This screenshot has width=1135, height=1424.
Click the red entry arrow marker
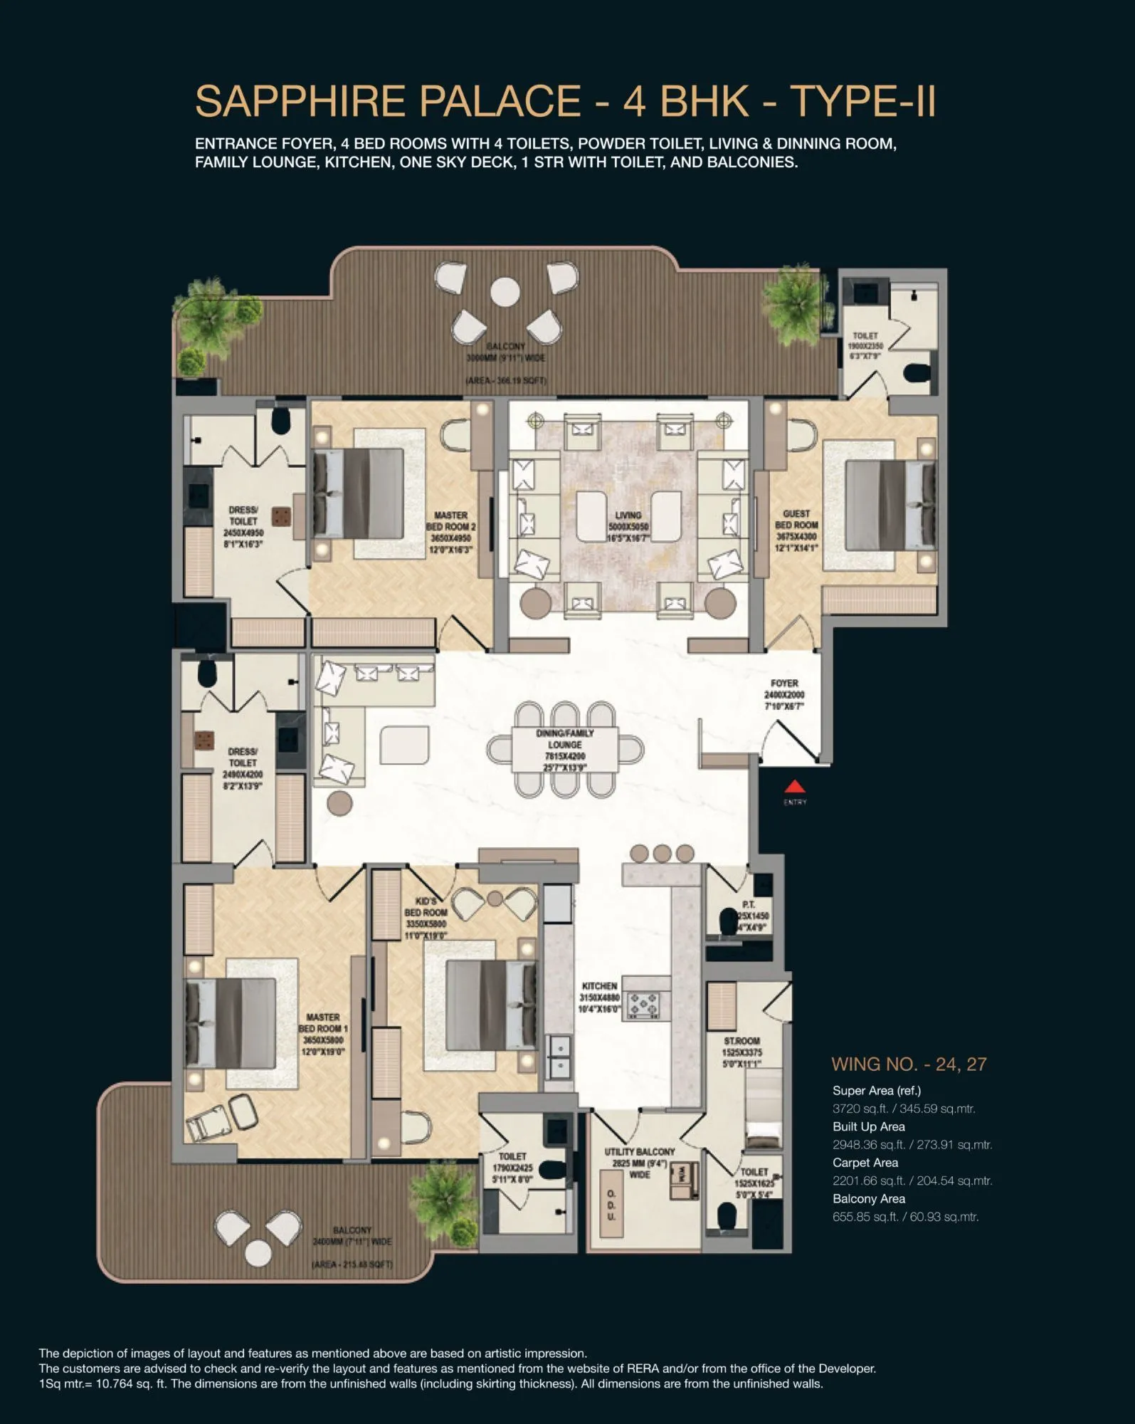795,787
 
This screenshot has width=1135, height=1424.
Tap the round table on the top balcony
505,292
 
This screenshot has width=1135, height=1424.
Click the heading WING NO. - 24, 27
909,1064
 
